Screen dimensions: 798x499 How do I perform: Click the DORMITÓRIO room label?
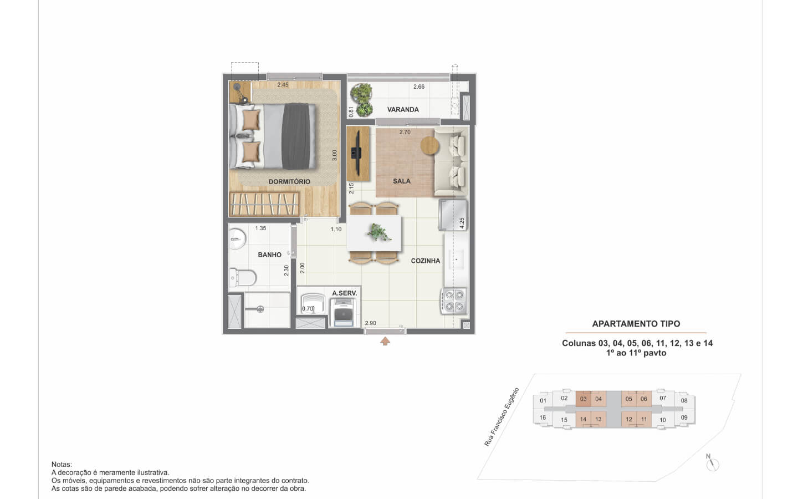[x=289, y=182]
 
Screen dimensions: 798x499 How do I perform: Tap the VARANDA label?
[x=403, y=110]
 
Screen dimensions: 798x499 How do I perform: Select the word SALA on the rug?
[x=402, y=181]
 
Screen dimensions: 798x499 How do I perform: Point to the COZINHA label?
[x=426, y=261]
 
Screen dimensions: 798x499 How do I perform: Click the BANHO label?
[x=270, y=255]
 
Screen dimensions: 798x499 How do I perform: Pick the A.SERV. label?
[x=345, y=293]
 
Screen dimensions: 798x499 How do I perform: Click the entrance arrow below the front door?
[x=385, y=342]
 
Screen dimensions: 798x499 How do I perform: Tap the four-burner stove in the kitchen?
[x=454, y=301]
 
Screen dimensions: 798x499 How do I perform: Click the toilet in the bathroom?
[x=243, y=278]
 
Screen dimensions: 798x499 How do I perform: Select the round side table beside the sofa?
[x=430, y=145]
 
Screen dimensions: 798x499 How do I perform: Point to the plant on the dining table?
[x=379, y=232]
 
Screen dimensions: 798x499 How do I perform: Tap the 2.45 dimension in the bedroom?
[x=283, y=85]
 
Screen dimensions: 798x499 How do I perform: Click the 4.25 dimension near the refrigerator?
[x=462, y=223]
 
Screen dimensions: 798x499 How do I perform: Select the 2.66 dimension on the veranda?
[x=419, y=86]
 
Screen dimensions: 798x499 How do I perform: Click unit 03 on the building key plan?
[x=583, y=399]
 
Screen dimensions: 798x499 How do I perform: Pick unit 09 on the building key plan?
[x=684, y=417]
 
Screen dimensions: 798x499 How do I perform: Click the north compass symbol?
[x=712, y=464]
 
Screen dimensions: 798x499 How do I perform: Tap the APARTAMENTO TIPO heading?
[x=636, y=324]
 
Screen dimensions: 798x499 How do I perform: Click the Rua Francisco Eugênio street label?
[x=502, y=417]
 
